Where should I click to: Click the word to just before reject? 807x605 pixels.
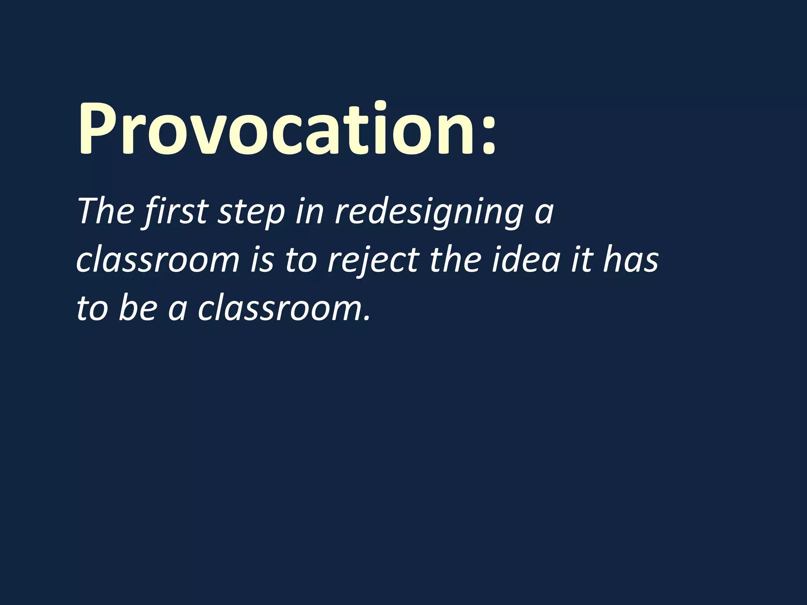coord(301,261)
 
